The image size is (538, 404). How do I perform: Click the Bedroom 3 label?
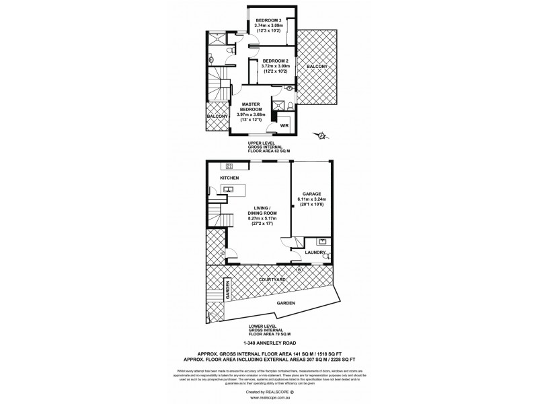tap(268, 21)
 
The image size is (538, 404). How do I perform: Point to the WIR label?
tap(283, 126)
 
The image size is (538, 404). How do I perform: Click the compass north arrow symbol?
tap(321, 136)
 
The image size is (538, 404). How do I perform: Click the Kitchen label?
tap(229, 178)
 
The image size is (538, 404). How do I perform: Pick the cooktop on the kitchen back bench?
tap(229, 166)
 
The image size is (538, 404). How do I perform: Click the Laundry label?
tap(314, 253)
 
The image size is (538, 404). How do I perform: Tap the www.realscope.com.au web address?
tap(268, 397)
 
